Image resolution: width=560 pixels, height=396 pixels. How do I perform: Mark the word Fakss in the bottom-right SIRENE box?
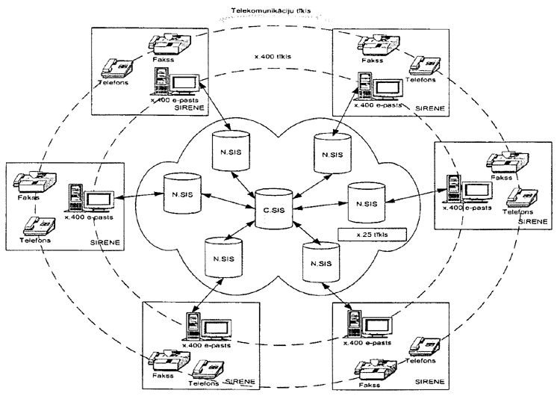pos(371,387)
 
